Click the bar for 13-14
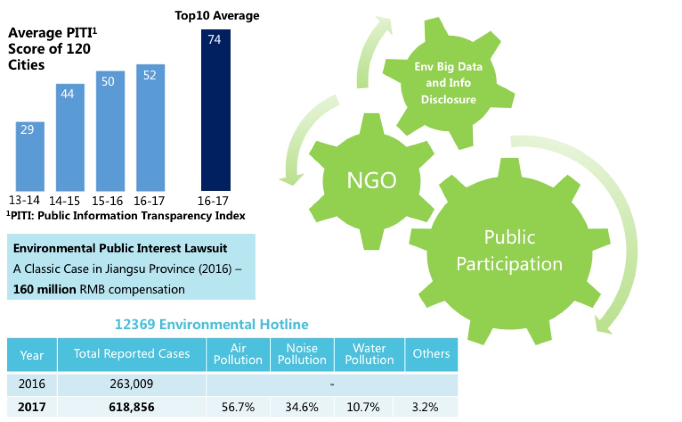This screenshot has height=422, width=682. tap(30, 157)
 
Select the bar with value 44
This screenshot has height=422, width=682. tap(70, 138)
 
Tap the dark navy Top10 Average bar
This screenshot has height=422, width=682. tap(216, 110)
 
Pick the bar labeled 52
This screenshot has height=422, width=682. tap(150, 128)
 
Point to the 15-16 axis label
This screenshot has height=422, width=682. tap(107, 201)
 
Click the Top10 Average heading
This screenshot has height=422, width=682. tap(217, 16)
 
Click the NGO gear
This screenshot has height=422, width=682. tap(372, 180)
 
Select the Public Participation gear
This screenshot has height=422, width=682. tap(509, 251)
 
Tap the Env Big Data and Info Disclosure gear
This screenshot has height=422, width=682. tap(448, 83)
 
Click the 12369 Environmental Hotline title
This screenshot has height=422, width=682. tap(211, 324)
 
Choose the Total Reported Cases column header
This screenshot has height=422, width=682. tap(132, 354)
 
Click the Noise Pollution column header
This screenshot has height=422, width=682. tap(302, 354)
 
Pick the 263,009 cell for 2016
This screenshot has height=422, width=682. tap(132, 384)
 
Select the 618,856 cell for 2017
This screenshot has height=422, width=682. tap(132, 407)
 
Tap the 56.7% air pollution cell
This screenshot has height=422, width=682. tap(238, 407)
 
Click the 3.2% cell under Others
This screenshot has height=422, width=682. tap(425, 407)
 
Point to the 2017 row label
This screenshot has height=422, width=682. tap(32, 407)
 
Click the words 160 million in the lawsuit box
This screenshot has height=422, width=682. tap(45, 289)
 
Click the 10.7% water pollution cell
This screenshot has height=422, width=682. tap(363, 407)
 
